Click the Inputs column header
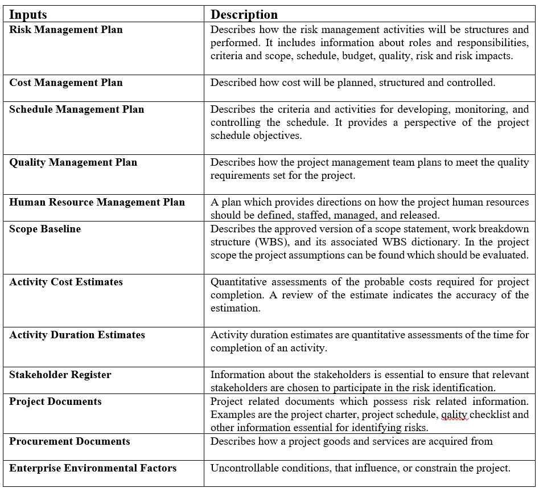28,14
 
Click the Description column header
244,14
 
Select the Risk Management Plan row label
65,30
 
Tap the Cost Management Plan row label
65,83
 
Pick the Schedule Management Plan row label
76,109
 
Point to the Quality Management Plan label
73,162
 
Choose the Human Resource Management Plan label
97,202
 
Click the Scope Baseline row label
45,229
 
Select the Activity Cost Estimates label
65,282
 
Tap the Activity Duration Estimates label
77,335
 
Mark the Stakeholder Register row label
60,375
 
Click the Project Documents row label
55,401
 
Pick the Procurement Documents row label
69,441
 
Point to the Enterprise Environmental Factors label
93,468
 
